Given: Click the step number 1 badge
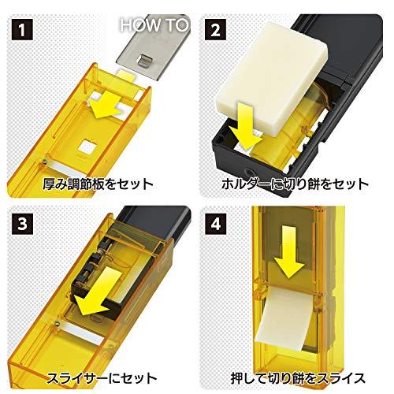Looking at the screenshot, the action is click(22, 29).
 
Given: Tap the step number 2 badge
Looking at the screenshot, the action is click(215, 29).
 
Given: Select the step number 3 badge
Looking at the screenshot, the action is click(22, 223).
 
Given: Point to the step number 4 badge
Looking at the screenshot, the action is click(215, 223).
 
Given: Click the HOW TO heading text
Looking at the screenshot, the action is click(154, 24).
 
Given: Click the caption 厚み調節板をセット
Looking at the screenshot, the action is click(98, 184).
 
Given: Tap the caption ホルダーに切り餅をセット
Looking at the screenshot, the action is click(295, 184).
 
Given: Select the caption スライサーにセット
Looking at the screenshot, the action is click(102, 378).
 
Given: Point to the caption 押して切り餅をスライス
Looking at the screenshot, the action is click(299, 378).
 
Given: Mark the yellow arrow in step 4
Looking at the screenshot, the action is click(289, 252).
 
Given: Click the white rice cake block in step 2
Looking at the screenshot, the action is click(272, 79).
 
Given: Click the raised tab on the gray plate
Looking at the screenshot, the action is click(143, 62).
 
